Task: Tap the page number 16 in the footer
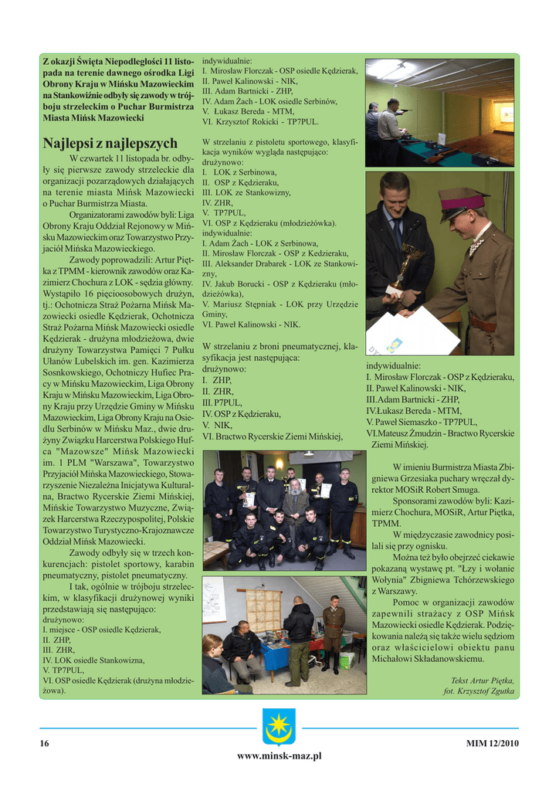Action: click(x=45, y=743)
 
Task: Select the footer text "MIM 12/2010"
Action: click(x=492, y=743)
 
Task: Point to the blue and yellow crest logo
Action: click(x=279, y=725)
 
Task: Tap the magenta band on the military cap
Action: click(x=463, y=205)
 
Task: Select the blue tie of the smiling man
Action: click(x=397, y=233)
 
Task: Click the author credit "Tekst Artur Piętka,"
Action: click(x=482, y=680)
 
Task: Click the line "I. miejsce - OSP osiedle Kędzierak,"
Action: click(x=102, y=630)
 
